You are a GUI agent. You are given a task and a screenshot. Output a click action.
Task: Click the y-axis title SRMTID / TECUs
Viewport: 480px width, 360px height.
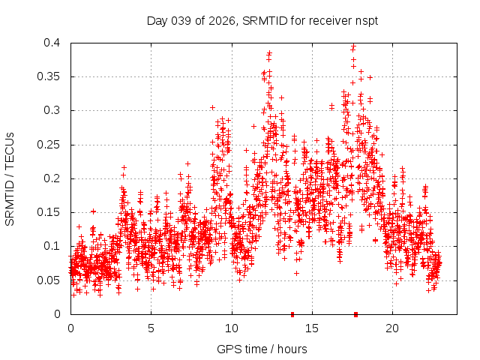click(x=10, y=178)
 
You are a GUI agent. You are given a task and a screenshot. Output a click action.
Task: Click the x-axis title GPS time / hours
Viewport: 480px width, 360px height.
click(x=262, y=349)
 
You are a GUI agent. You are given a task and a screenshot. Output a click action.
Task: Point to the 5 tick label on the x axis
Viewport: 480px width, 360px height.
click(x=151, y=328)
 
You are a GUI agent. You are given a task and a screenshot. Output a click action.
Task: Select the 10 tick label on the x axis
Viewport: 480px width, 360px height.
click(x=231, y=328)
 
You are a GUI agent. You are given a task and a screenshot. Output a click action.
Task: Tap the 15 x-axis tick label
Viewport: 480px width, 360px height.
click(x=311, y=328)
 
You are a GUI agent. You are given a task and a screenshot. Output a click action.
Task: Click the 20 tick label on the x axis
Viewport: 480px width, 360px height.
click(x=391, y=328)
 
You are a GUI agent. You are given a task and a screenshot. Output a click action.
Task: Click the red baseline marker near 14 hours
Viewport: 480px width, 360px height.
click(x=292, y=313)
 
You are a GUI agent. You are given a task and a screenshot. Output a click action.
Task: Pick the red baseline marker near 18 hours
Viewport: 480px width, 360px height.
click(x=355, y=313)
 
